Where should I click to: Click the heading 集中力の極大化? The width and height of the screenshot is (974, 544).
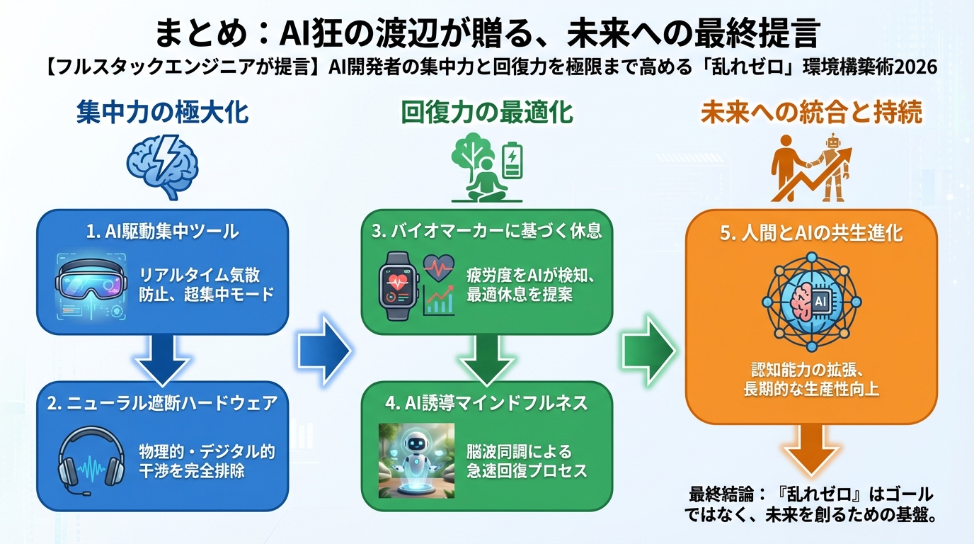[162, 113]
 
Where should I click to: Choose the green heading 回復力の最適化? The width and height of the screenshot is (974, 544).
[487, 113]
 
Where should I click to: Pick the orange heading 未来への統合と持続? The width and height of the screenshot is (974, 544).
[811, 113]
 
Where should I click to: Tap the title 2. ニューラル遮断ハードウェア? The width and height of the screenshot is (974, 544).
[162, 403]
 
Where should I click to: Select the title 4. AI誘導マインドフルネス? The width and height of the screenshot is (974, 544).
[487, 403]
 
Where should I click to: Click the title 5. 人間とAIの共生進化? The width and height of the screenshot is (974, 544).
[811, 233]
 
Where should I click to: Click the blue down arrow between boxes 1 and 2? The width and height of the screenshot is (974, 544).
[162, 358]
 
